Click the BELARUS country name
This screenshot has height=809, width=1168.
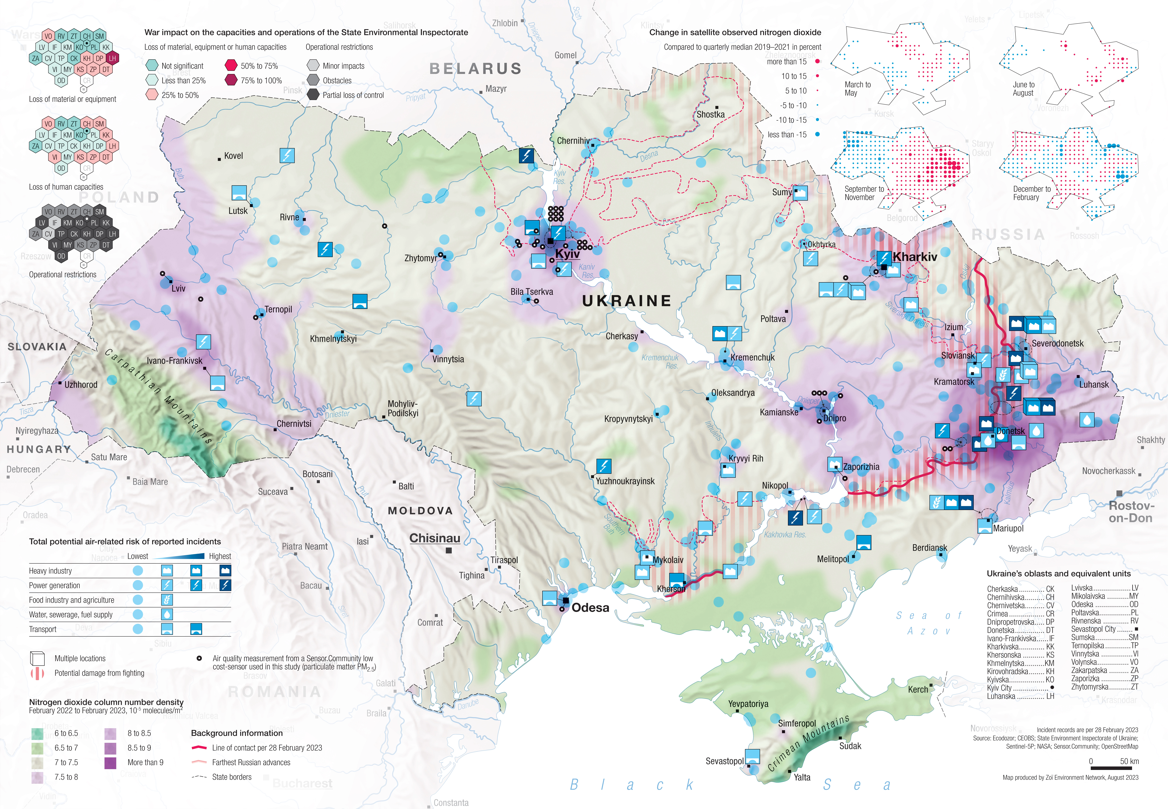pyautogui.click(x=475, y=68)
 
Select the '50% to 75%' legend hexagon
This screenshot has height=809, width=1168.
pyautogui.click(x=231, y=65)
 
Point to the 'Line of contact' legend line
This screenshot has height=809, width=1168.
pyautogui.click(x=199, y=748)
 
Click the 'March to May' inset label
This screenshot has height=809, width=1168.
pyautogui.click(x=857, y=89)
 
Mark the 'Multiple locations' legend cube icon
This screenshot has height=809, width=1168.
pyautogui.click(x=37, y=658)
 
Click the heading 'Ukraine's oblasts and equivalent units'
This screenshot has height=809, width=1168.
pyautogui.click(x=1058, y=573)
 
